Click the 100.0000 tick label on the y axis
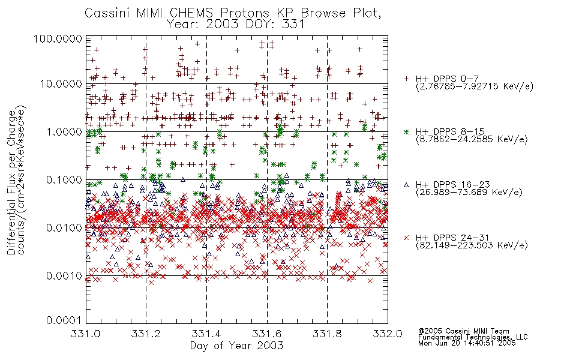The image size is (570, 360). [58, 38]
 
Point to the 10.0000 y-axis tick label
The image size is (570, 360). [61, 84]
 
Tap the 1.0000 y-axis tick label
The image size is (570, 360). [64, 131]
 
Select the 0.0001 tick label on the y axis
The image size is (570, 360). [64, 320]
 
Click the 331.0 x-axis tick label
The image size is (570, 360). [85, 334]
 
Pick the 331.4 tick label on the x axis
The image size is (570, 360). [206, 334]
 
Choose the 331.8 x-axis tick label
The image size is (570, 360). [327, 334]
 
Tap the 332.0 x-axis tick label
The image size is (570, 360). [388, 334]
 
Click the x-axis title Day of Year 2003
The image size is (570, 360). [236, 346]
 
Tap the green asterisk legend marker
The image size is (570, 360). [406, 131]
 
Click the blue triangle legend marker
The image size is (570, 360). [406, 185]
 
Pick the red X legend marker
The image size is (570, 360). [406, 238]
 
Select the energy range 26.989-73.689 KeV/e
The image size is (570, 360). [469, 193]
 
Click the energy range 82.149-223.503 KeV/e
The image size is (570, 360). [472, 245]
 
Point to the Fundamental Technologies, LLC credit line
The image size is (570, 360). [473, 337]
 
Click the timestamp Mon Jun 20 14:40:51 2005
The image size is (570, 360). [467, 343]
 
